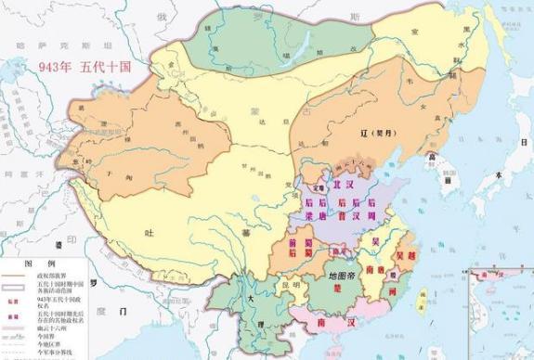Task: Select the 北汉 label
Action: click(x=346, y=184)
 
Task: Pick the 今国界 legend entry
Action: click(x=47, y=333)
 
